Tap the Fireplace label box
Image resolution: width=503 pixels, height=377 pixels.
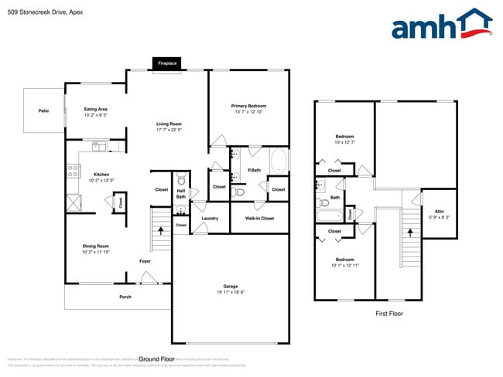167,63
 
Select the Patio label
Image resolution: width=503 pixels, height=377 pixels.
43,111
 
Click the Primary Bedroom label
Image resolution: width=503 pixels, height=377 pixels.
248,106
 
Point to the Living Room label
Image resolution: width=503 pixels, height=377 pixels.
169,124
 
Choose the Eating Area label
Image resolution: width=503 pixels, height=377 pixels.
95,110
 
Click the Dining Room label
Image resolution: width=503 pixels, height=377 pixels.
95,246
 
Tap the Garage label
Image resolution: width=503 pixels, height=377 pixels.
230,286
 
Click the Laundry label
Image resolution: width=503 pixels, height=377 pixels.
210,219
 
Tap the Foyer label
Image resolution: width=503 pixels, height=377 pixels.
145,261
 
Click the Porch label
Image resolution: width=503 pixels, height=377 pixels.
125,297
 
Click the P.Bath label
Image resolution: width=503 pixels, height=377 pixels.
252,170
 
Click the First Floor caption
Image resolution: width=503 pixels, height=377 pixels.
389,314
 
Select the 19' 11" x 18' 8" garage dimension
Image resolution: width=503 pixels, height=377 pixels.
230,292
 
